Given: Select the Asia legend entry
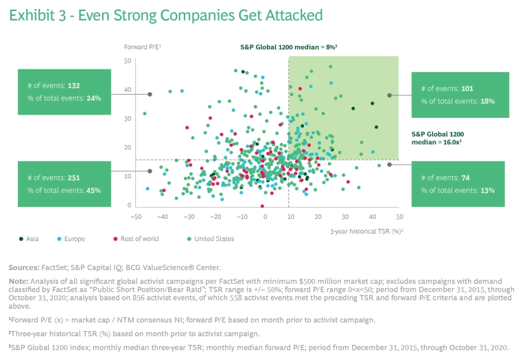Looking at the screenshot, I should (x=30, y=239).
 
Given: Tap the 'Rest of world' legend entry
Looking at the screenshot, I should (x=134, y=239).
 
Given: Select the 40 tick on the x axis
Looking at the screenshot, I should (x=372, y=216).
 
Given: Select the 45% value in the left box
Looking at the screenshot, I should (x=93, y=190).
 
